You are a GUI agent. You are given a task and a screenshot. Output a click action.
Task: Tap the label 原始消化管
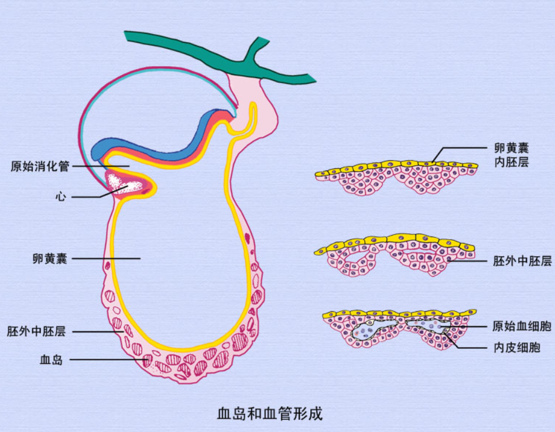[40, 166]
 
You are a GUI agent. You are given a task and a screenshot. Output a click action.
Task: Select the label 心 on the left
[60, 197]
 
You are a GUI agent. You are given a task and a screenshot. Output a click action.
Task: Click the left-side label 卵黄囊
[50, 258]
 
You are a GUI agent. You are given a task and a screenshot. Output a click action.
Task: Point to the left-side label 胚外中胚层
[36, 332]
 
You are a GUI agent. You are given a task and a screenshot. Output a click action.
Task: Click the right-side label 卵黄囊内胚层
[511, 155]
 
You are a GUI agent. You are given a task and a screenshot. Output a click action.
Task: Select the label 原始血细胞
[518, 326]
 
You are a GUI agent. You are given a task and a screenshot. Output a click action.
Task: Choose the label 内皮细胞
[516, 348]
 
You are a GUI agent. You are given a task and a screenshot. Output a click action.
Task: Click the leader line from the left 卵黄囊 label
[105, 258]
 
